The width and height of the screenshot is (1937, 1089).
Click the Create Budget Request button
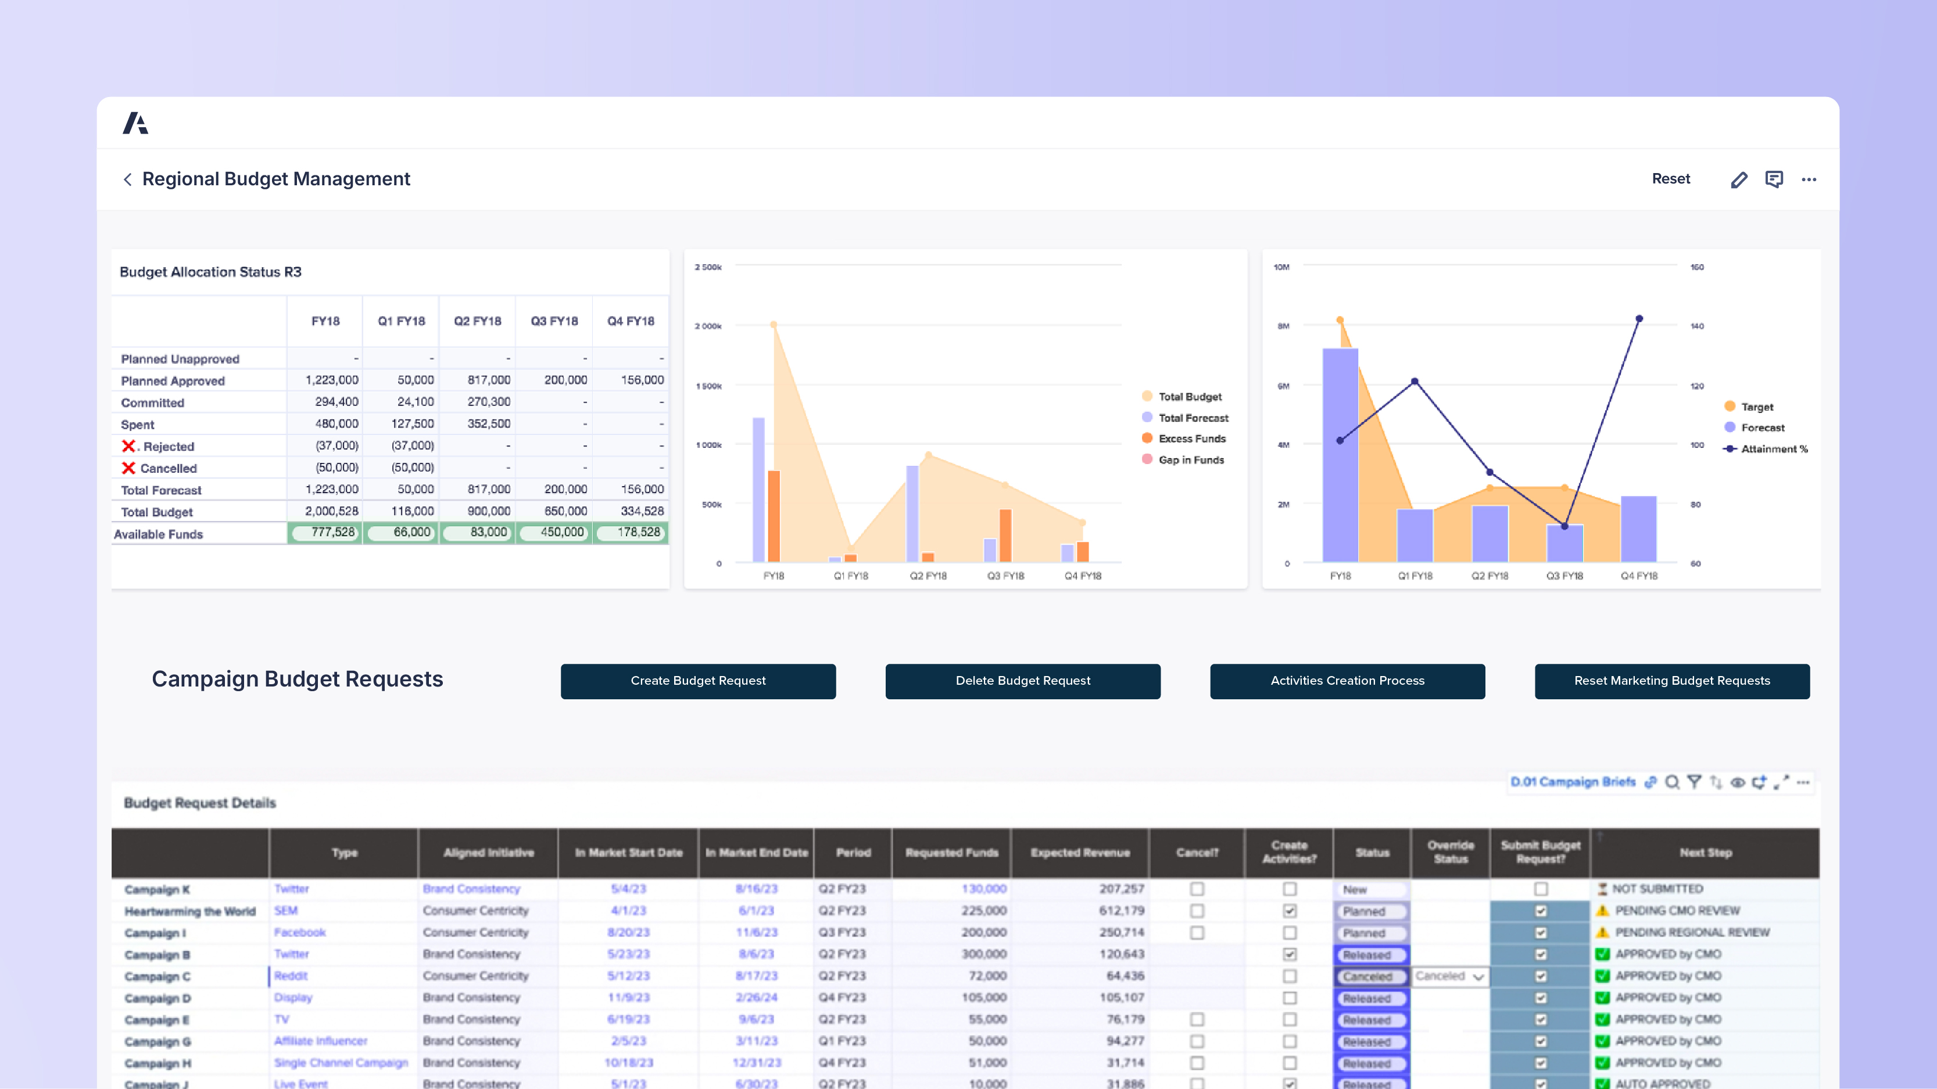click(x=698, y=681)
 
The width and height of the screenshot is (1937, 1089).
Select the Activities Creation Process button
click(x=1347, y=681)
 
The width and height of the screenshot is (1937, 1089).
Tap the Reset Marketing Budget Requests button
click(x=1671, y=681)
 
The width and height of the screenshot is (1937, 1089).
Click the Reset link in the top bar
click(x=1670, y=179)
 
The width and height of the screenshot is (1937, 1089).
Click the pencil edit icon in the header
click(x=1738, y=179)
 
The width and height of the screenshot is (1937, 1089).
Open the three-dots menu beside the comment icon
click(x=1809, y=179)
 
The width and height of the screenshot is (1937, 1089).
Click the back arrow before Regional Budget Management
click(x=128, y=179)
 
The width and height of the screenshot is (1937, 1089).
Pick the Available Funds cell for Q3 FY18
click(x=554, y=533)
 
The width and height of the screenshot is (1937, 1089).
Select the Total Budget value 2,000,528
click(x=332, y=511)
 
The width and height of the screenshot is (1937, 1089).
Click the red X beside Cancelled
click(x=128, y=468)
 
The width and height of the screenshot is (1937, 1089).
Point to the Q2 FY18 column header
click(x=478, y=321)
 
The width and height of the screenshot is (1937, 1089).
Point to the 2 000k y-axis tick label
click(x=708, y=326)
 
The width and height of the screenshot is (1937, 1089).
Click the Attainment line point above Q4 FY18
click(x=1639, y=319)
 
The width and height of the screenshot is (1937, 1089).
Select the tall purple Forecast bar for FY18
click(x=1340, y=455)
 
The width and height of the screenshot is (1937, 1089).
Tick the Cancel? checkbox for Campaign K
click(x=1197, y=889)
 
